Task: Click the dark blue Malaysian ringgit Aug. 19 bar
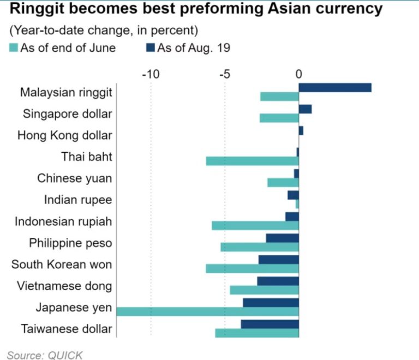point(335,87)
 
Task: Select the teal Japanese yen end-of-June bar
point(207,311)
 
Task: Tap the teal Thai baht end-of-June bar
point(252,161)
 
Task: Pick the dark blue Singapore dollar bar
point(305,109)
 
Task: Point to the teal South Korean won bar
point(252,268)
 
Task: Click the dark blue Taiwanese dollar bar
point(270,325)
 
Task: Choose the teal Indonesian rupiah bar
point(255,225)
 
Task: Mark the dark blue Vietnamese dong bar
point(278,281)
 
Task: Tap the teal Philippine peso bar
point(259,247)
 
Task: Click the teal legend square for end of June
point(14,48)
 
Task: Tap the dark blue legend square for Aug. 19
point(150,48)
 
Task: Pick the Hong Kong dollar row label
point(64,135)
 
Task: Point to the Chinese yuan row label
point(74,178)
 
